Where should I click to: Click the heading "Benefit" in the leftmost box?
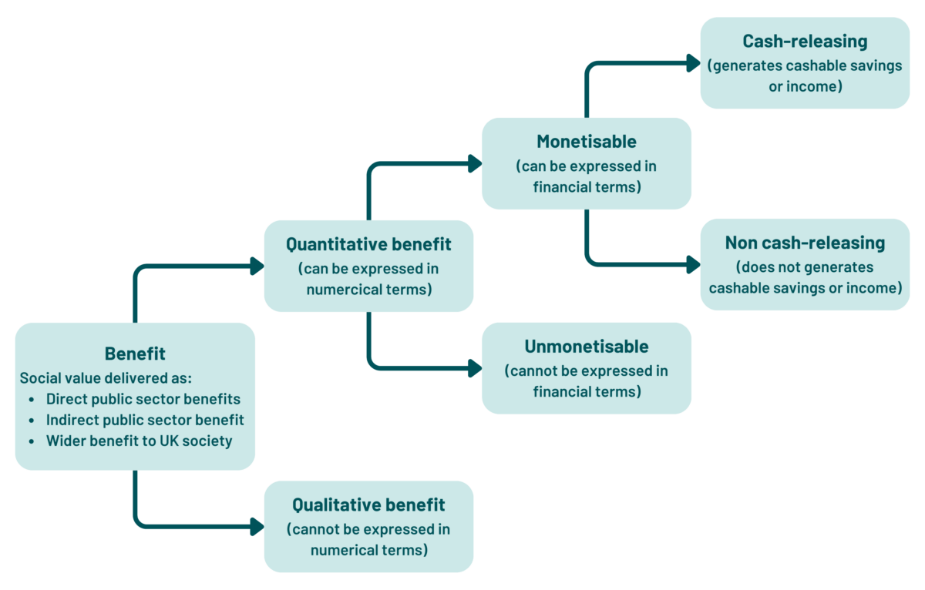coord(135,354)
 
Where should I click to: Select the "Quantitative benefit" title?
coord(368,244)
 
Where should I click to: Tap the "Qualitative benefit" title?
coord(368,505)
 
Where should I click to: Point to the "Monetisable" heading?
coord(587,142)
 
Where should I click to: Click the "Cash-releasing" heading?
coord(805,41)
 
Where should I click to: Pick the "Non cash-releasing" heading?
coord(805,243)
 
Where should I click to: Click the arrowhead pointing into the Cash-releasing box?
coord(693,63)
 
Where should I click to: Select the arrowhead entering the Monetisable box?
coord(475,163)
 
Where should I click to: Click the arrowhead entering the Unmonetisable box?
coord(475,368)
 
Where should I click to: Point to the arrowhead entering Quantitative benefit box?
coord(257,267)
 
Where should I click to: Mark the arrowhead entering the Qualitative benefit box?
coord(257,527)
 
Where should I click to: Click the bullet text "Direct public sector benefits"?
coord(143,399)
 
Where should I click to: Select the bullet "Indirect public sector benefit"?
coord(145,420)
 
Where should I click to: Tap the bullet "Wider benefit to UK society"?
coord(139,441)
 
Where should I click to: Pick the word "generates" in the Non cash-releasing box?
coord(842,267)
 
